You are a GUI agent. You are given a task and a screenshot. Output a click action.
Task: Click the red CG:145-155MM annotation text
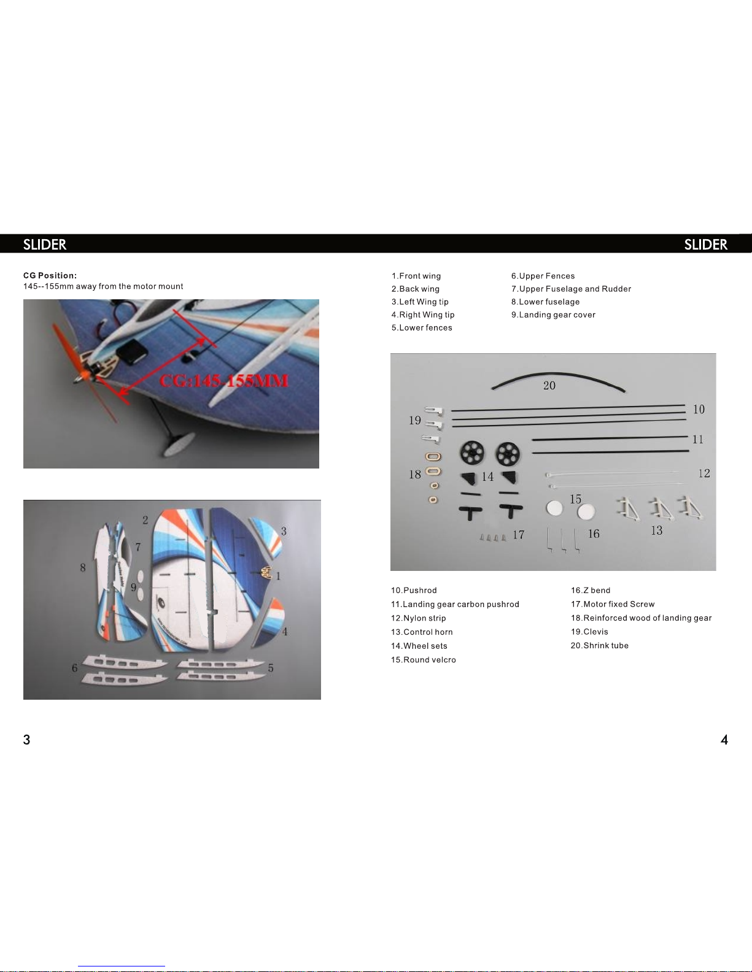coord(223,381)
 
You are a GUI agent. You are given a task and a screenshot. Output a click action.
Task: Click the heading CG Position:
coord(50,275)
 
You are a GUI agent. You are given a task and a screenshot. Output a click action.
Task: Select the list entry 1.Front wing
coord(416,276)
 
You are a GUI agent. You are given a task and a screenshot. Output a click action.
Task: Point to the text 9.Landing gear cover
coord(553,315)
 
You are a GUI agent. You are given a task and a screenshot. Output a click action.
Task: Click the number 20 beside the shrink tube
coord(549,385)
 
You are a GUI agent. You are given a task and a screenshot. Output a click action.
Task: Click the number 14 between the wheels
coord(487,476)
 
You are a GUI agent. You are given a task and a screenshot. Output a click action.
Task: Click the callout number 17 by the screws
coord(519,535)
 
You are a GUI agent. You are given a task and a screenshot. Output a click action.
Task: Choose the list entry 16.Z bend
coord(591,591)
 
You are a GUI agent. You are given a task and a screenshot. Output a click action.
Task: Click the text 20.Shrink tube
coord(600,646)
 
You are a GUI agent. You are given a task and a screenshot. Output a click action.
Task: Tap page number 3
coord(26,740)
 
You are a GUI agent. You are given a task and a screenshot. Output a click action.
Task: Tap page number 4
coord(724,740)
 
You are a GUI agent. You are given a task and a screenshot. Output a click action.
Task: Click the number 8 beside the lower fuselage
coord(83,568)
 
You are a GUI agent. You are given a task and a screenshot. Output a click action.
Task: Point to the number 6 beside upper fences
coord(75,668)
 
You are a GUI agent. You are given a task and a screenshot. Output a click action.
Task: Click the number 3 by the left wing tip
coord(284,531)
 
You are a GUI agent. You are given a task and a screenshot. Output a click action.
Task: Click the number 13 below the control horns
coord(657,530)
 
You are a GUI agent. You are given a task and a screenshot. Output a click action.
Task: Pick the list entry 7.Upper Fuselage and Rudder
coord(571,289)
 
